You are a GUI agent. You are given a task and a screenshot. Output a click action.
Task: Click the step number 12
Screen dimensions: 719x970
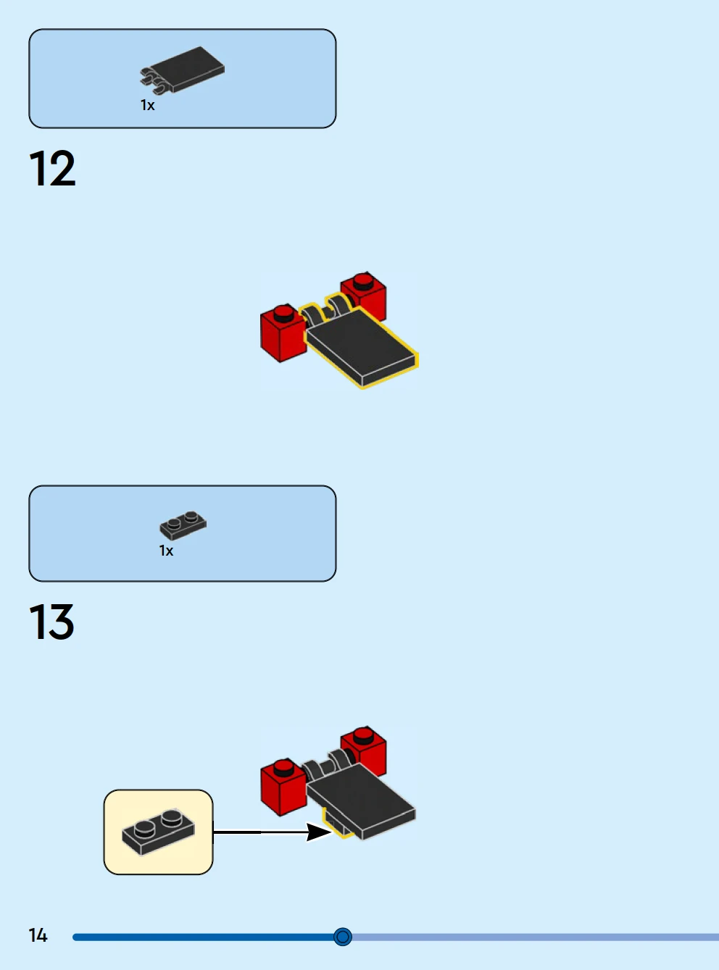pyautogui.click(x=52, y=168)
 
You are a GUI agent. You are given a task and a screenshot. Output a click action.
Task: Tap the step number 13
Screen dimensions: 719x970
pyautogui.click(x=51, y=622)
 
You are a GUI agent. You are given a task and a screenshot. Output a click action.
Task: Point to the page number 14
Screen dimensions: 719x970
pyautogui.click(x=38, y=935)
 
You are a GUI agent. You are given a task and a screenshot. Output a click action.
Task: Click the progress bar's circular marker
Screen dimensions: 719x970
pyautogui.click(x=343, y=937)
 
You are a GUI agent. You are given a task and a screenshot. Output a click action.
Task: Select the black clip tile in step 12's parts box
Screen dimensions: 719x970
pyautogui.click(x=183, y=70)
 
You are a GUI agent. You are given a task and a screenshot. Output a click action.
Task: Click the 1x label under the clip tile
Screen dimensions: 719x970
pyautogui.click(x=147, y=105)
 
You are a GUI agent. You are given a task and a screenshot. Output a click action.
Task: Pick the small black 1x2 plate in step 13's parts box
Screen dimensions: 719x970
pyautogui.click(x=183, y=524)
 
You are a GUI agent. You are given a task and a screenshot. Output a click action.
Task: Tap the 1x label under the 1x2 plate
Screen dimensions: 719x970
pyautogui.click(x=166, y=551)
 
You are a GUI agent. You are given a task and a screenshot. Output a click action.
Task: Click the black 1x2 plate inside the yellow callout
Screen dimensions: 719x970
pyautogui.click(x=159, y=832)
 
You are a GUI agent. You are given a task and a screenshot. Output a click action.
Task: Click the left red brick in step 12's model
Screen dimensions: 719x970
pyautogui.click(x=283, y=333)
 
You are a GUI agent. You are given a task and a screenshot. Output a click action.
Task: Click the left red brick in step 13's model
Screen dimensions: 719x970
pyautogui.click(x=283, y=787)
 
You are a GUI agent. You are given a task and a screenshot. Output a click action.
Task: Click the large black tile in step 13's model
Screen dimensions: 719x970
pyautogui.click(x=361, y=801)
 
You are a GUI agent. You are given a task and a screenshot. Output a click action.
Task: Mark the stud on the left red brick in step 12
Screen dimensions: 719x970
pyautogui.click(x=283, y=313)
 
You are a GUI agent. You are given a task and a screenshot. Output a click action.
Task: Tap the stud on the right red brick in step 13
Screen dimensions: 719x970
pyautogui.click(x=363, y=735)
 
